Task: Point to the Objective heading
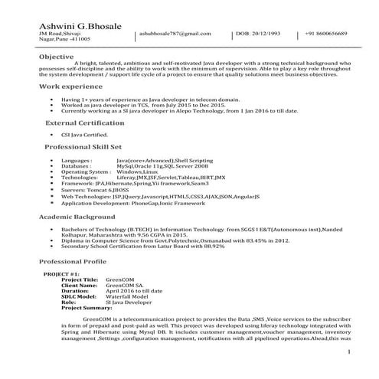pyautogui.click(x=56, y=57)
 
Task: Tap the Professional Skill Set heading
pyautogui.click(x=83, y=145)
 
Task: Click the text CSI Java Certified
pyautogui.click(x=85, y=135)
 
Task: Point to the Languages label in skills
pyautogui.click(x=77, y=159)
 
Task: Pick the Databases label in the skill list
pyautogui.click(x=77, y=165)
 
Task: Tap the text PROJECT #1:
pyautogui.click(x=61, y=273)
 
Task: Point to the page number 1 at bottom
pyautogui.click(x=350, y=351)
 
